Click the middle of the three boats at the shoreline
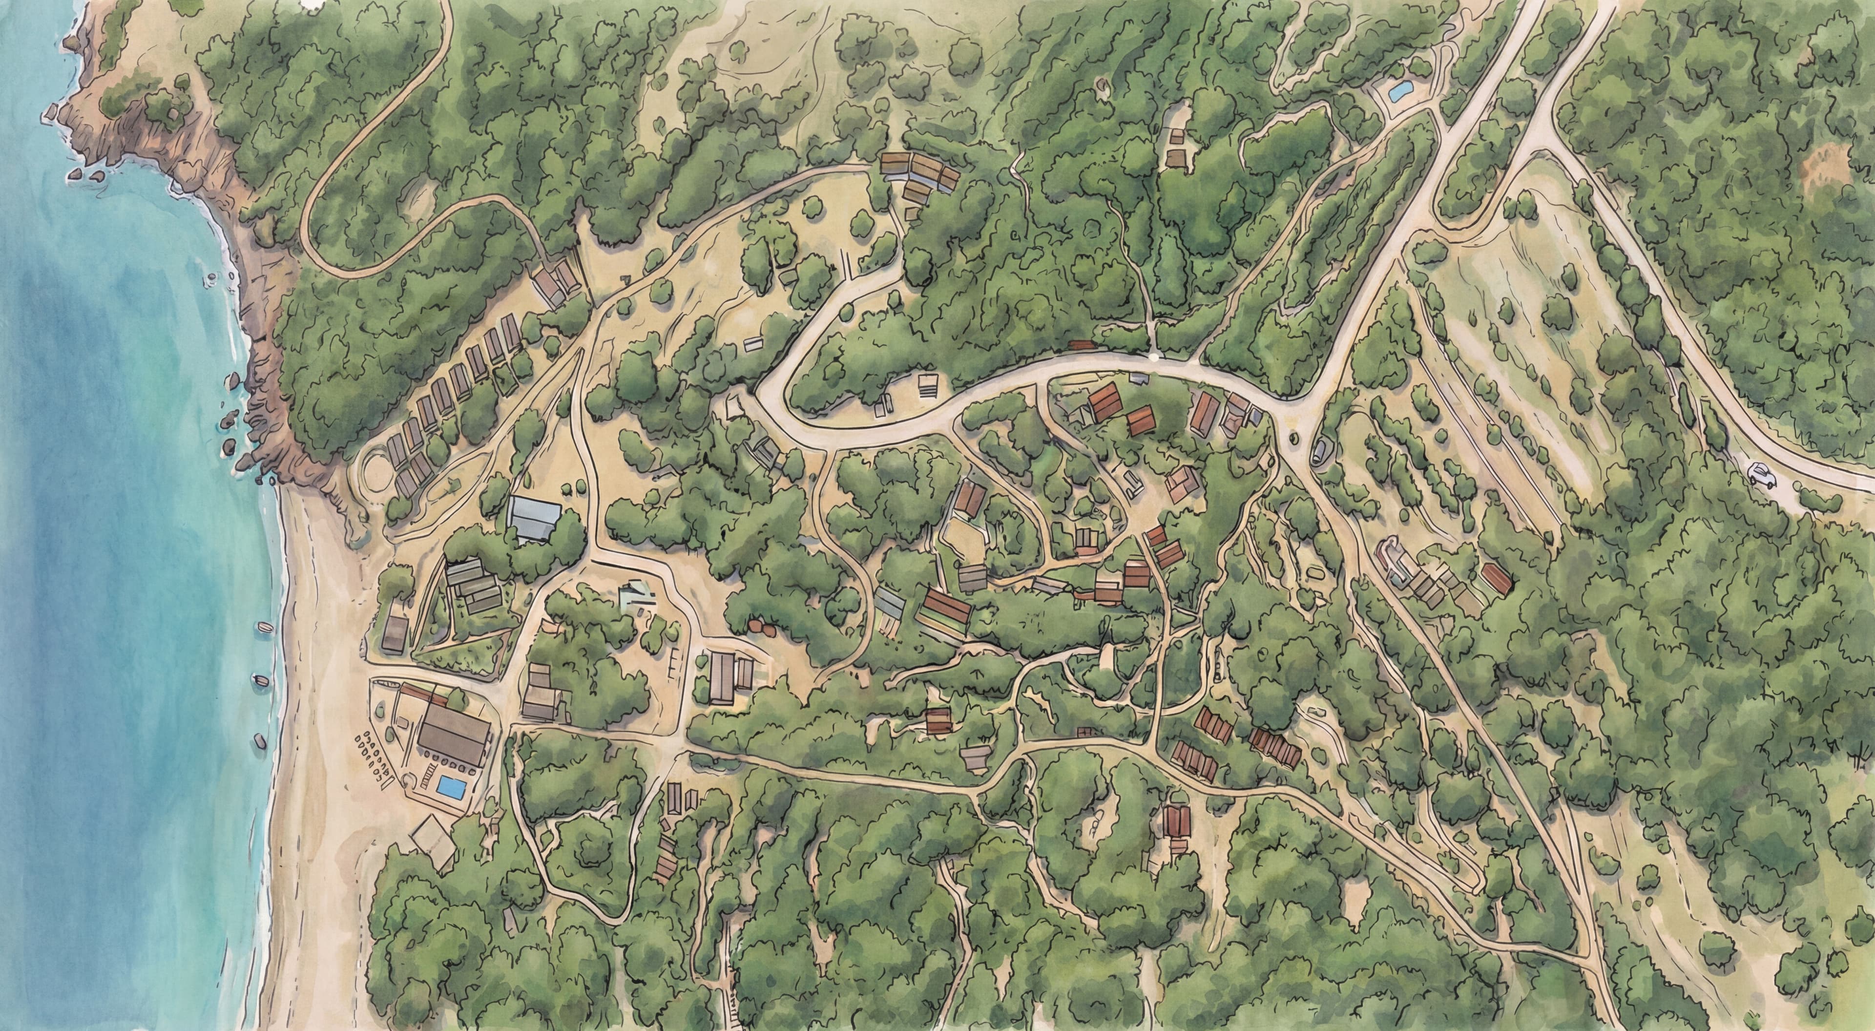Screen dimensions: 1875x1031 point(261,681)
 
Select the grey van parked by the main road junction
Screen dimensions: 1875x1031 point(1320,451)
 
